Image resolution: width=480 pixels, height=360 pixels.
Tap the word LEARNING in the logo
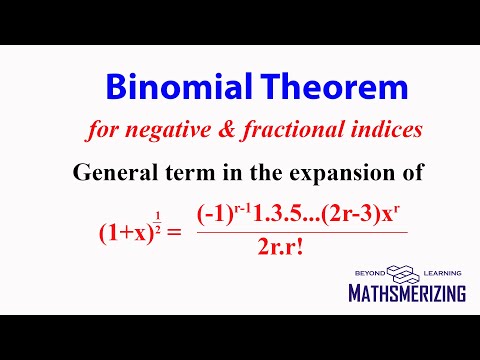click(442, 272)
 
